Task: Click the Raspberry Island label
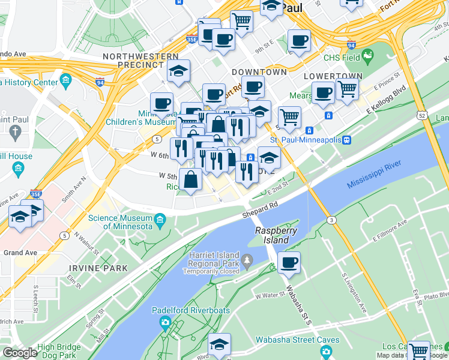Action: coord(272,235)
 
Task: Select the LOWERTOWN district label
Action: coord(333,76)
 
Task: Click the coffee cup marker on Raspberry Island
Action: coord(289,263)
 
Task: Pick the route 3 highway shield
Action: coord(331,221)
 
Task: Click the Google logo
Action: coord(20,353)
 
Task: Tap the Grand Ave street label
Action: coord(21,253)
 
